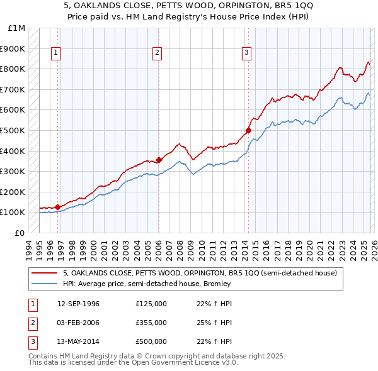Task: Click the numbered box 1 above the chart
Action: click(56, 53)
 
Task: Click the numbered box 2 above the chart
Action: click(156, 53)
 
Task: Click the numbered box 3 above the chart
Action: click(246, 53)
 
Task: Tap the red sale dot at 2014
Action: click(248, 130)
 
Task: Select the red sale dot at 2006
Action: click(159, 160)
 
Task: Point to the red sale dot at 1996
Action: click(57, 206)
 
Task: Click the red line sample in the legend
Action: click(45, 274)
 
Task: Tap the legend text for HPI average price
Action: click(147, 284)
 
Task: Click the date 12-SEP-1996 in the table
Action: click(78, 304)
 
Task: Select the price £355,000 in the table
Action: click(151, 323)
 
